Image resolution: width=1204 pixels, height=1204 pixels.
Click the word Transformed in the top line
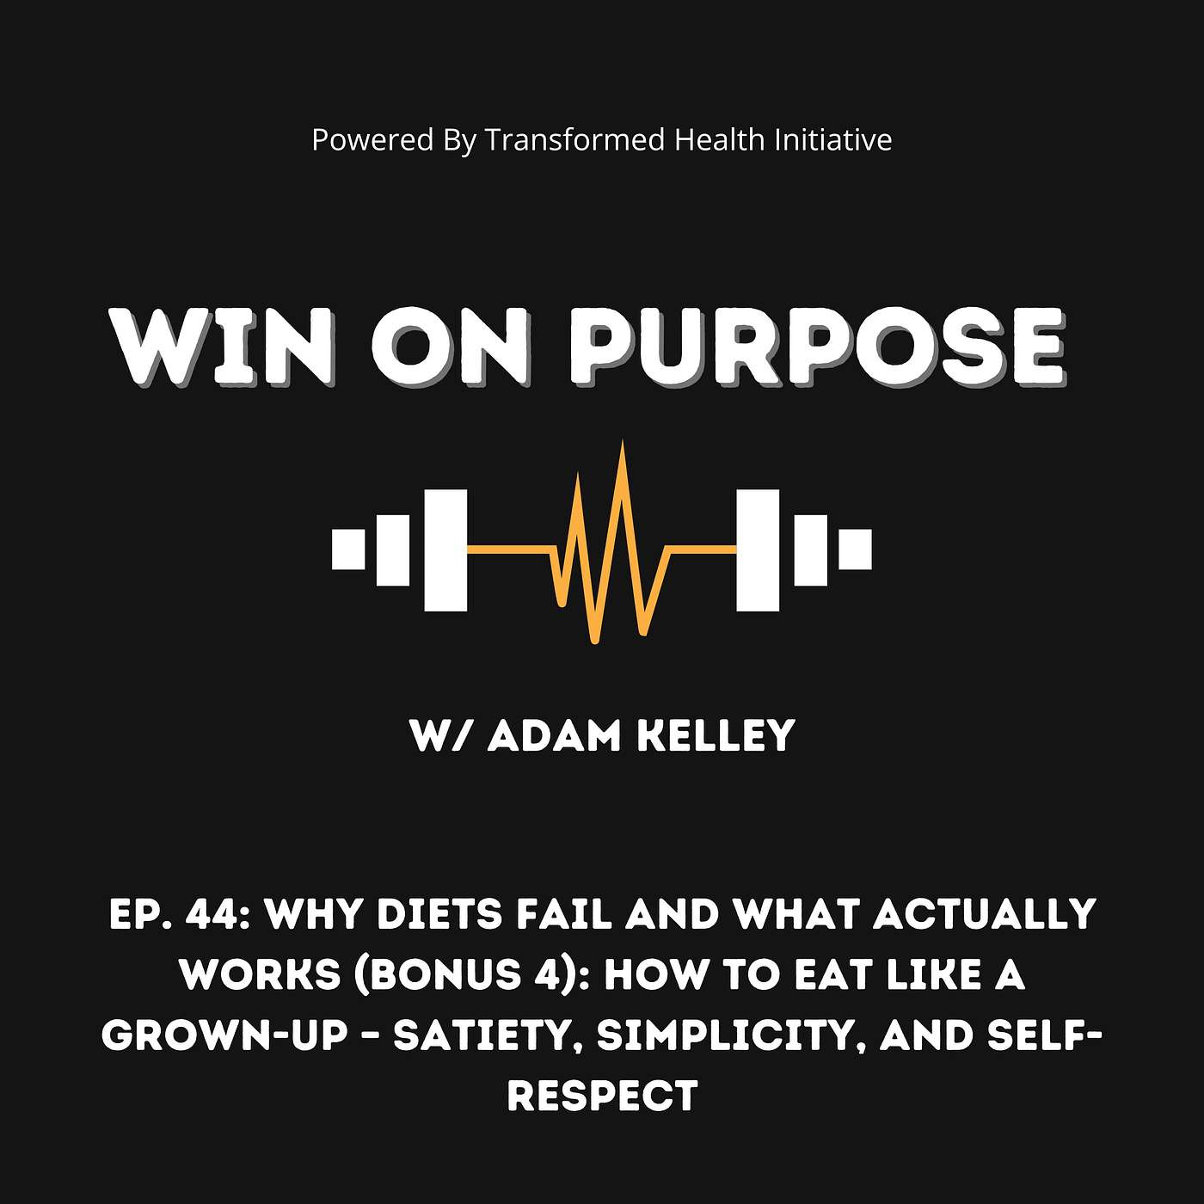tap(575, 139)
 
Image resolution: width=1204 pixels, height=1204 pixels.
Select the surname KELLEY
tap(715, 736)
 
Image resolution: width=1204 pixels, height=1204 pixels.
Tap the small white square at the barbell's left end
tap(348, 550)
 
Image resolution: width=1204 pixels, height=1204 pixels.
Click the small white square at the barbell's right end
tap(855, 550)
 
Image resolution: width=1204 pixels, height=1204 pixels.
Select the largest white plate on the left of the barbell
tap(445, 550)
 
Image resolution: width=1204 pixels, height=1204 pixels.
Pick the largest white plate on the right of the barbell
tap(758, 550)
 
